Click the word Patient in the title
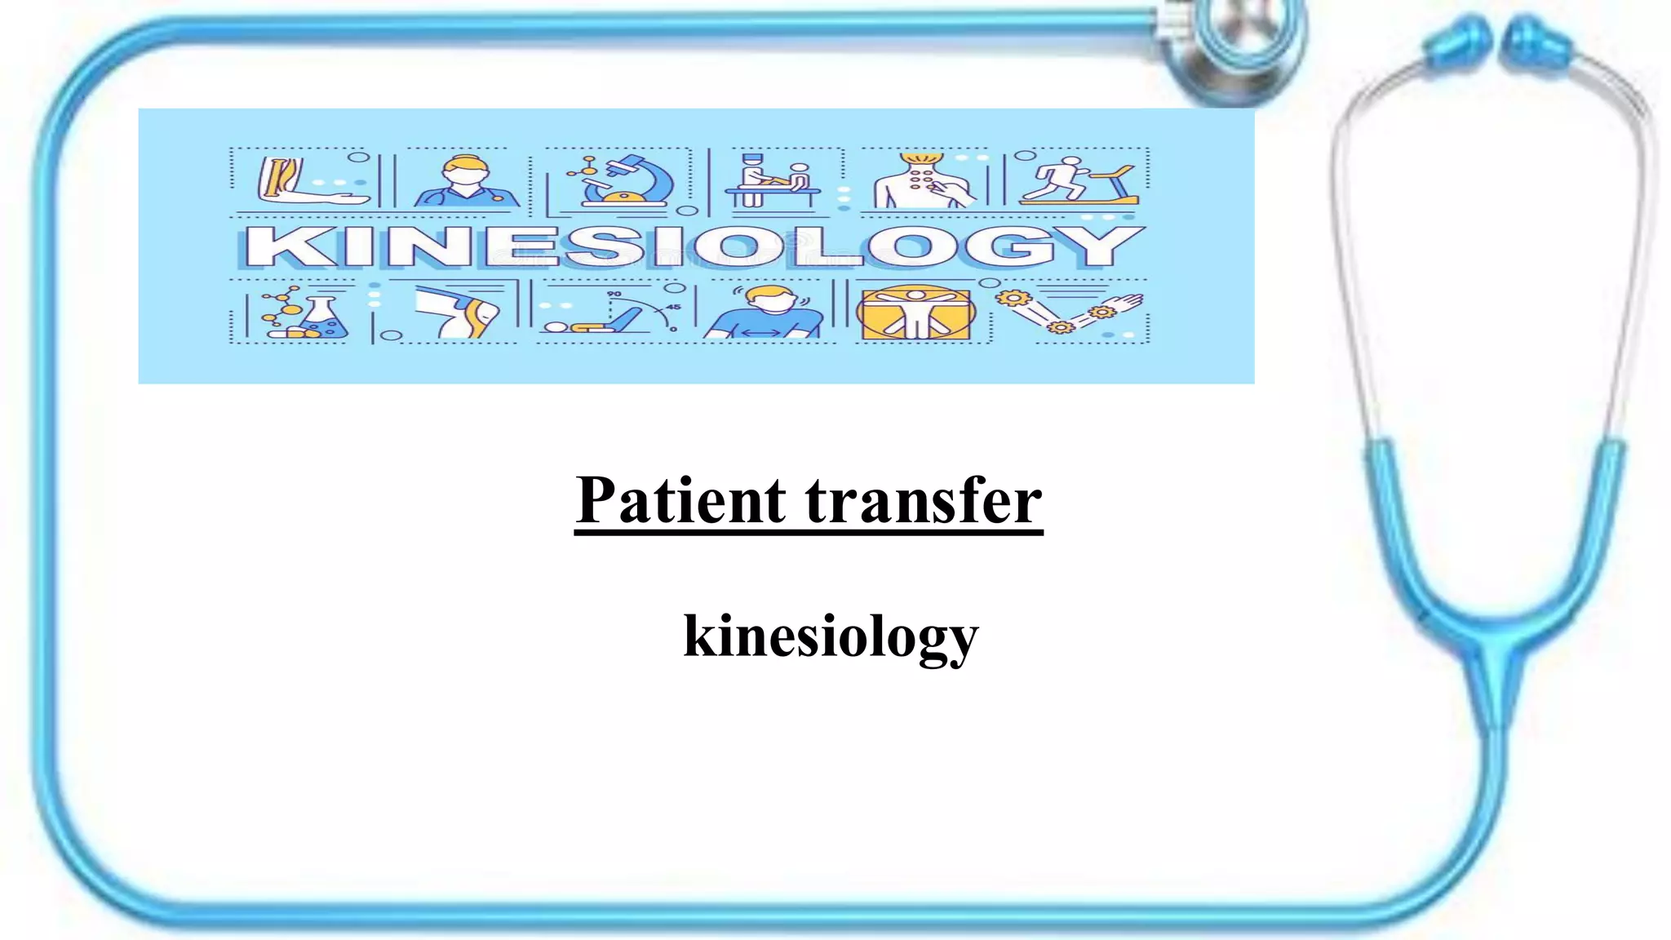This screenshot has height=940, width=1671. tap(680, 500)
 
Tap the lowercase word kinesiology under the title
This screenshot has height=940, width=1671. tap(831, 636)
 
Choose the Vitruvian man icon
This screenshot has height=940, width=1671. tap(915, 313)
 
